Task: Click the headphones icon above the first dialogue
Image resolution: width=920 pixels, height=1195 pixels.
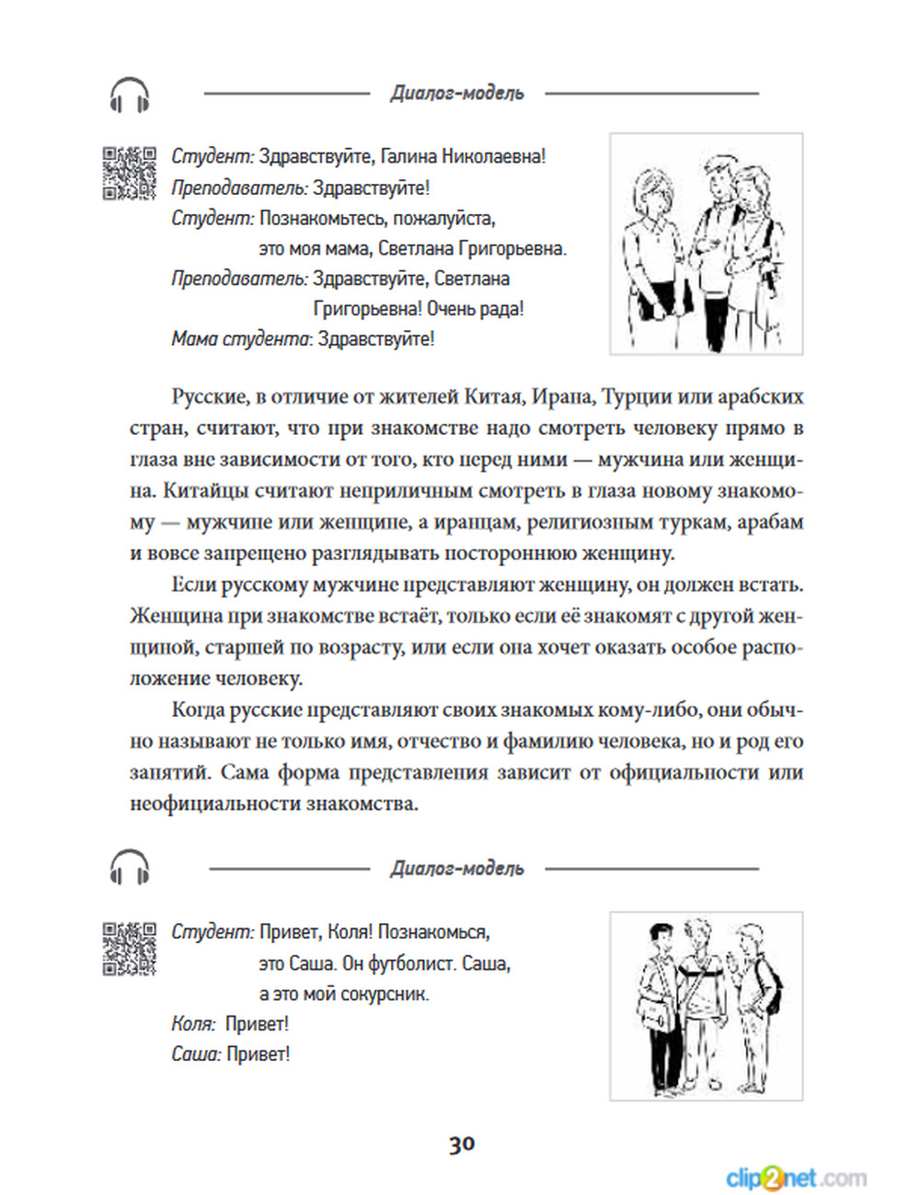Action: click(x=130, y=95)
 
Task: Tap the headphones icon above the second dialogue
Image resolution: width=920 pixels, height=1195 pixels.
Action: click(x=130, y=867)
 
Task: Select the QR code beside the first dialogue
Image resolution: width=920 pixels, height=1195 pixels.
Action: click(x=129, y=173)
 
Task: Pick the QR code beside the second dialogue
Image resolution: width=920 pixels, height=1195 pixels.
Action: click(x=129, y=948)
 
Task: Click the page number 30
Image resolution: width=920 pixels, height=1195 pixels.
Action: click(x=462, y=1144)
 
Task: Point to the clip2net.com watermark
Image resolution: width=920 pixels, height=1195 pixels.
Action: click(x=796, y=1178)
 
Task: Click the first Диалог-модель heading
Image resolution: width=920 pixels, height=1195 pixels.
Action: click(x=457, y=93)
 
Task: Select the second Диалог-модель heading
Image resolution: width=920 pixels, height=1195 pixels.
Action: click(x=457, y=869)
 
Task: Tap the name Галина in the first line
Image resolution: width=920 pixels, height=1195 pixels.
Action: click(x=409, y=157)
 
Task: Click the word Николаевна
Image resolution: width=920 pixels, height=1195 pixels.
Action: click(x=494, y=157)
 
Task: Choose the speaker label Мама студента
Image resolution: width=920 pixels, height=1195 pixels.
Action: click(x=241, y=339)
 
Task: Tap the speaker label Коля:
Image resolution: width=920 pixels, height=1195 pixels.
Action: click(x=193, y=1024)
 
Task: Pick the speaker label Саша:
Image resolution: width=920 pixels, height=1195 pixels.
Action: click(x=196, y=1054)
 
